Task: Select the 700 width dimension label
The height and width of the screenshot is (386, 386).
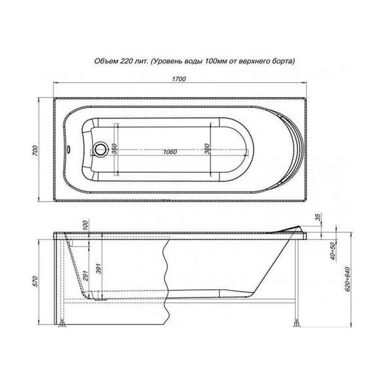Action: tap(33, 149)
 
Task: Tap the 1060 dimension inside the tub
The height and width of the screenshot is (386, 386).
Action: tap(170, 152)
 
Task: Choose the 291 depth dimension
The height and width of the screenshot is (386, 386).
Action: tap(85, 275)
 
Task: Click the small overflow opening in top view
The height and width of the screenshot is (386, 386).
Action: tap(70, 149)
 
